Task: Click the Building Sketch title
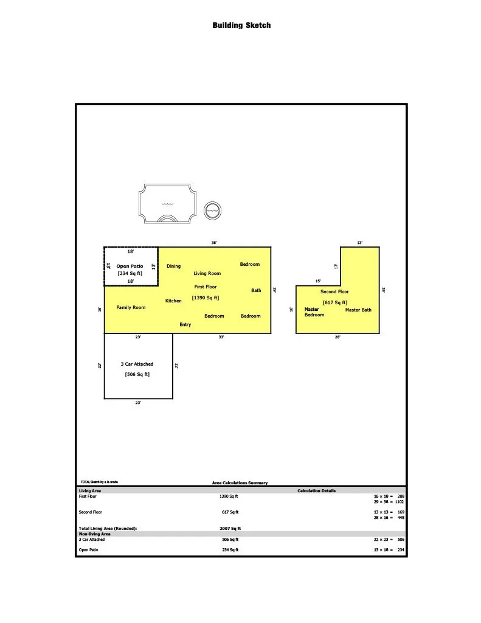tap(241, 26)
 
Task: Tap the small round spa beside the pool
tap(212, 211)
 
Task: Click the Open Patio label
tap(130, 266)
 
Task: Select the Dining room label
tap(173, 266)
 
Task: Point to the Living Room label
tap(207, 273)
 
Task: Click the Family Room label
tap(131, 307)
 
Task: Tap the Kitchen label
tap(173, 301)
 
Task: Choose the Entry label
tap(185, 325)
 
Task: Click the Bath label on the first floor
tap(256, 290)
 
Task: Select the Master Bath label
tap(358, 310)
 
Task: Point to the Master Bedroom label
tap(314, 312)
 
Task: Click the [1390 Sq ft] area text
tap(206, 298)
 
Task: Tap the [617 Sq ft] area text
tap(335, 302)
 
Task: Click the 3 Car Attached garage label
tap(137, 364)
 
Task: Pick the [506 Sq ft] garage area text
tap(137, 374)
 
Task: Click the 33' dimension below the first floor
tap(221, 337)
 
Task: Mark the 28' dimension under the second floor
tap(337, 337)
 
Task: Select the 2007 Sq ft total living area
tap(230, 529)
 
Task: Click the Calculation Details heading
tap(317, 491)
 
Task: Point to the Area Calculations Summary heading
tap(240, 482)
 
